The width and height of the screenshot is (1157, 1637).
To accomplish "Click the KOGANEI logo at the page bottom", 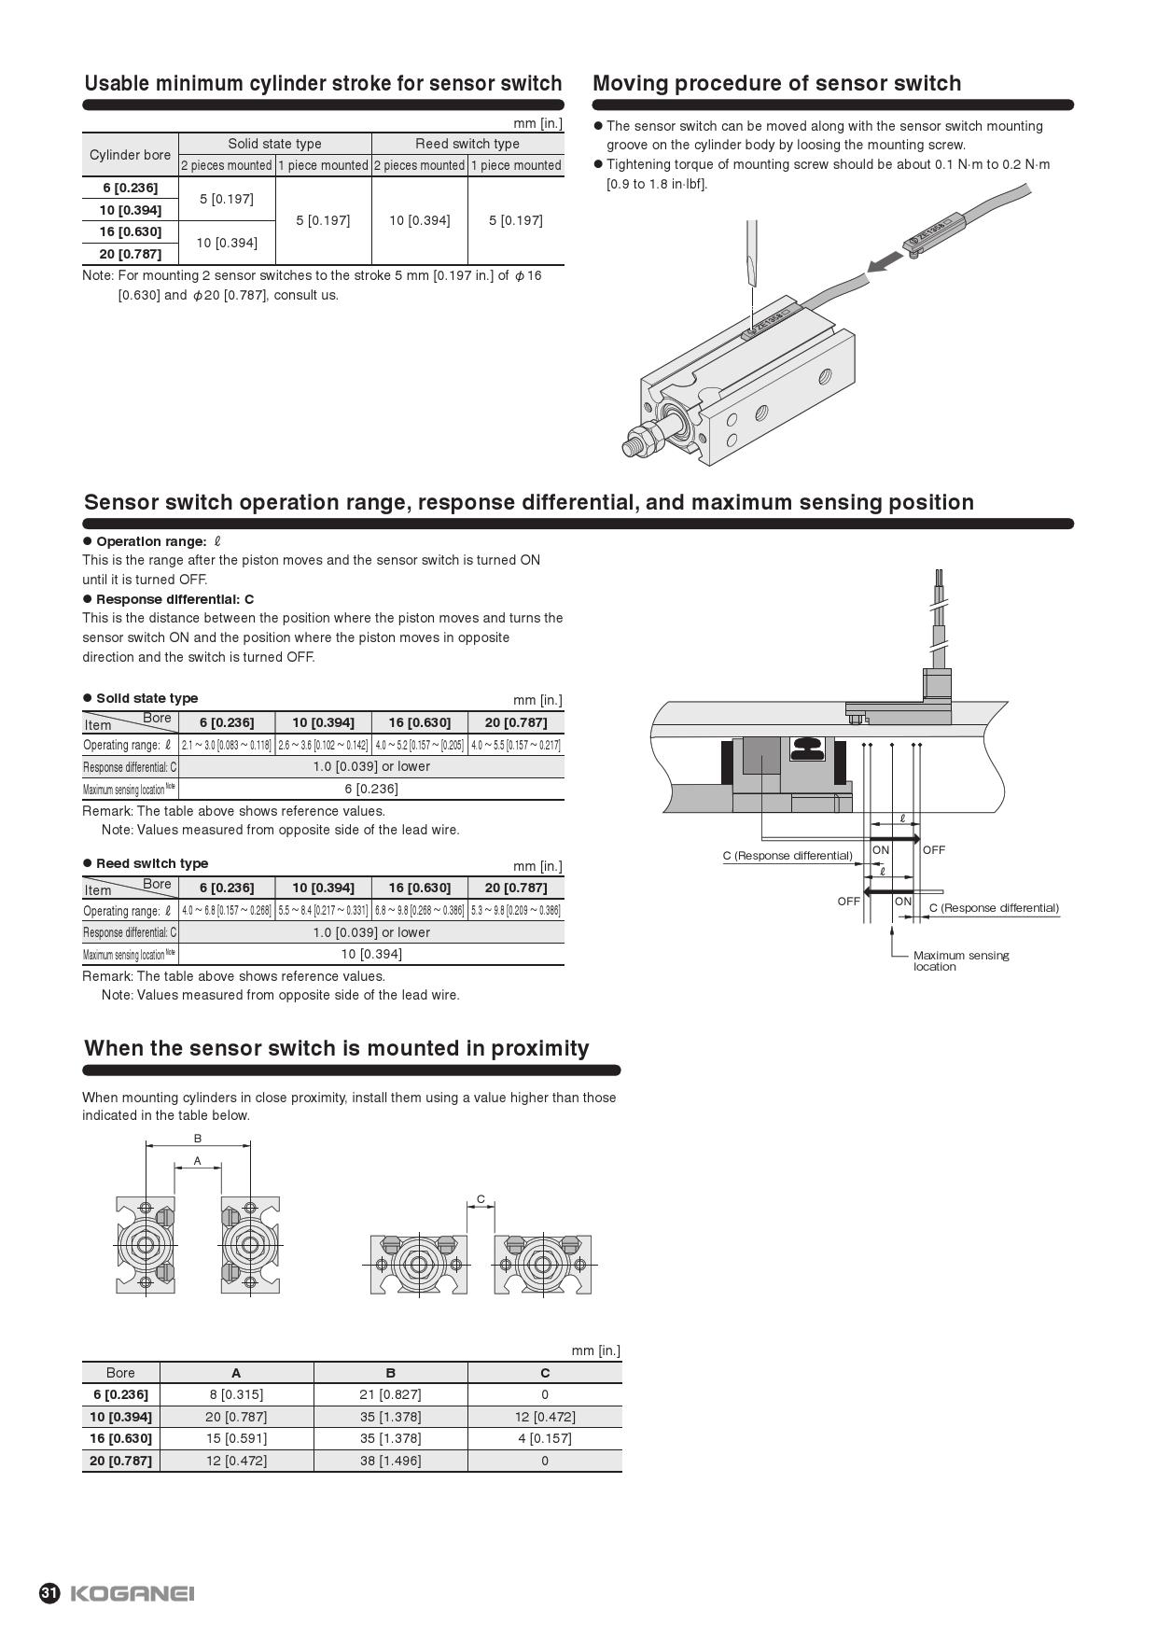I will (132, 1593).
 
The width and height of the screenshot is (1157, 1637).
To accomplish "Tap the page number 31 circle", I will (49, 1593).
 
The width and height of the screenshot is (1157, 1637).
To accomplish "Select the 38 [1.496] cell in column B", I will (390, 1461).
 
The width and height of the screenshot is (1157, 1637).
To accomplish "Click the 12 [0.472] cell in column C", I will (545, 1417).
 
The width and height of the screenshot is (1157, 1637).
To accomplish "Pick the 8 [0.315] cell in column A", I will (236, 1394).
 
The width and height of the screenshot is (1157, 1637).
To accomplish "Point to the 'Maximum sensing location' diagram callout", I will (960, 960).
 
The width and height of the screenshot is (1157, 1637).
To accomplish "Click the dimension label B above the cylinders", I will (198, 1139).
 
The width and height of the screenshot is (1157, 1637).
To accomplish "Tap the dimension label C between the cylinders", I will (481, 1199).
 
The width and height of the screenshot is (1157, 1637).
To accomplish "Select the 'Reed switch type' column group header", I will (467, 144).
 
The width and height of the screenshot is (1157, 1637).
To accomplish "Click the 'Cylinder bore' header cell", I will (130, 155).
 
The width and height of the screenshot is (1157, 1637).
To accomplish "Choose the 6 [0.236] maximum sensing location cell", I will (370, 789).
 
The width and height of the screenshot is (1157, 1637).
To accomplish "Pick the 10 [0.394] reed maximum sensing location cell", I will (370, 954).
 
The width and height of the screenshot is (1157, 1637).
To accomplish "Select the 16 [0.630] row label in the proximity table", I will (120, 1438).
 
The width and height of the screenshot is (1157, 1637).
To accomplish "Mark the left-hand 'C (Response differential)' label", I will (788, 856).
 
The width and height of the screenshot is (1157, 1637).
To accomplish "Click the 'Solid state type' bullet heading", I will (146, 698).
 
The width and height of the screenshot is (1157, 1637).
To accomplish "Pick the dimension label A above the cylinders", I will (198, 1161).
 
